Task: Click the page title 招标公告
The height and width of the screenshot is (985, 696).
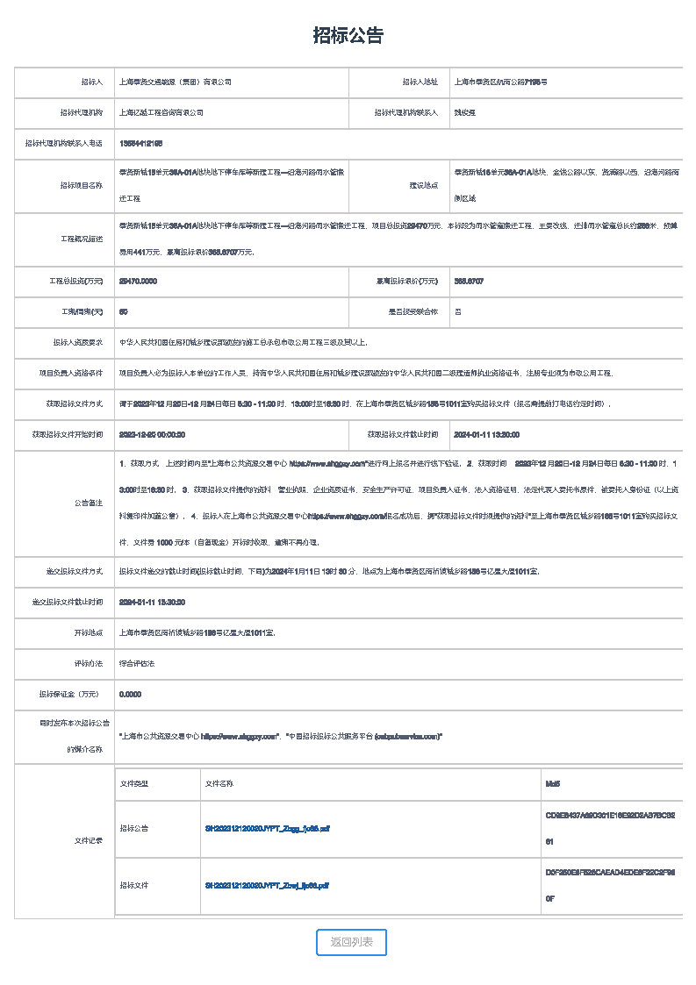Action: point(348,36)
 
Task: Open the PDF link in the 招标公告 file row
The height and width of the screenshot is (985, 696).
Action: point(267,828)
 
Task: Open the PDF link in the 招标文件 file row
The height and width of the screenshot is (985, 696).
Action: point(267,886)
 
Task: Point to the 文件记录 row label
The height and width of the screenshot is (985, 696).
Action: point(89,841)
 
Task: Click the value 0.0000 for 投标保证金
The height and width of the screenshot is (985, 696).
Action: point(130,694)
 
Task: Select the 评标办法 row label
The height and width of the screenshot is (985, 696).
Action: point(89,663)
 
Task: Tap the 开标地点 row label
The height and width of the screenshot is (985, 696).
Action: point(89,632)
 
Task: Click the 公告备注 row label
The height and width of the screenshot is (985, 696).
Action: point(89,503)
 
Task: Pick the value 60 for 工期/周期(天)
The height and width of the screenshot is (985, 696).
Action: point(124,311)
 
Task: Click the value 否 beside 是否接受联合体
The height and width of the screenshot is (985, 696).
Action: point(457,311)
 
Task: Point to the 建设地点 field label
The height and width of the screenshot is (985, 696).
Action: point(423,185)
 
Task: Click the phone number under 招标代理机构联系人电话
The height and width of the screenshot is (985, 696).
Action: point(140,143)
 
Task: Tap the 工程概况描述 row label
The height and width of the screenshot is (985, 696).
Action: point(82,239)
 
